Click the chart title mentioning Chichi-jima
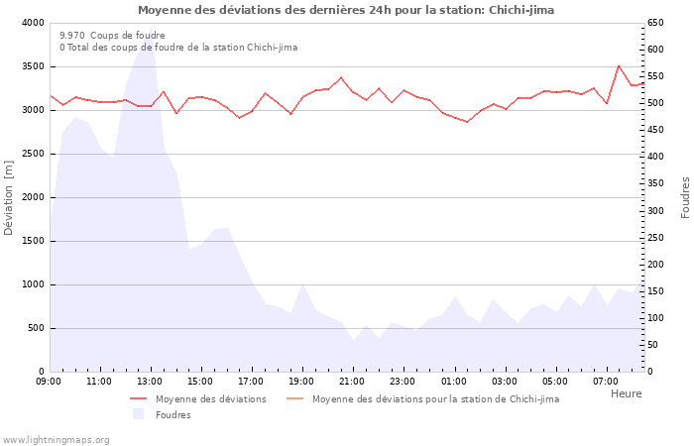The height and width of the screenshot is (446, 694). pos(346,10)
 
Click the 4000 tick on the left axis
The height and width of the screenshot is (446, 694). pos(32,23)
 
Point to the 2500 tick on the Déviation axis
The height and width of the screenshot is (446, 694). pos(32,154)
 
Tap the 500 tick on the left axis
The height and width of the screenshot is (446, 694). pos(36,328)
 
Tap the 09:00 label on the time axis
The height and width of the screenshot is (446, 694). pos(49,382)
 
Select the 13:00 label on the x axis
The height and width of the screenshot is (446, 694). pos(150,382)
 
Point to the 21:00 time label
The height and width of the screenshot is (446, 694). pos(352,382)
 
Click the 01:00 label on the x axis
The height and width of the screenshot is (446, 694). pos(453,382)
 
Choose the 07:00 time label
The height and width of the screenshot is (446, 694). pos(605,382)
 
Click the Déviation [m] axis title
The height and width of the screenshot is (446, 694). pos(9,197)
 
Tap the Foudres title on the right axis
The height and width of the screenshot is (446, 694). pos(685,197)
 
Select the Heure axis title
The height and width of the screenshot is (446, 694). pos(626,393)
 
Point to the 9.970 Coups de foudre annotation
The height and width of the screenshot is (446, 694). pos(112,35)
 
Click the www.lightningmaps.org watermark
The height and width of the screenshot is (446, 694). pos(56,440)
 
